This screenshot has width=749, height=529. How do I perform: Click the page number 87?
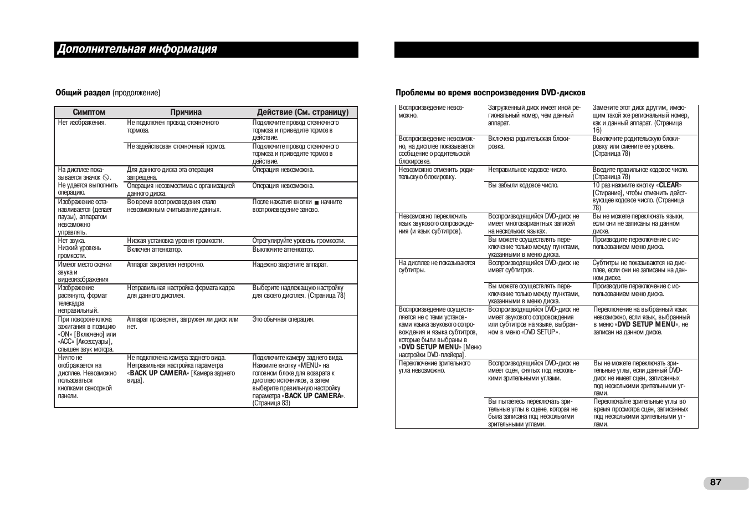point(715,482)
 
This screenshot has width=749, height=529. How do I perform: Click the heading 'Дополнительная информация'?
point(137,49)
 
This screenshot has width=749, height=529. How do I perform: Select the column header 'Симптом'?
point(89,112)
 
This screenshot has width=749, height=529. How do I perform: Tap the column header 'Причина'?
point(186,112)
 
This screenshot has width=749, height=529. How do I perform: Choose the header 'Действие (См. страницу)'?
point(302,112)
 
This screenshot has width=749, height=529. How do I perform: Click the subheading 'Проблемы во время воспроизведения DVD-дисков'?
point(490,93)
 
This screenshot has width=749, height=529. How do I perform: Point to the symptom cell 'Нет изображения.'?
point(82,123)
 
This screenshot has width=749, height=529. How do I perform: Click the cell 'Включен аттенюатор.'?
point(155,250)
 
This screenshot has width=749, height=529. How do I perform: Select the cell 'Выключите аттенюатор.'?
point(283,250)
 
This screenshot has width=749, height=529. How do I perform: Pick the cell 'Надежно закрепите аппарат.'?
point(290,264)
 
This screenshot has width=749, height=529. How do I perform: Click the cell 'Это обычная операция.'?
point(283,319)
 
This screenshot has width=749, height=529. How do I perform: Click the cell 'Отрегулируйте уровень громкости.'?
point(299,241)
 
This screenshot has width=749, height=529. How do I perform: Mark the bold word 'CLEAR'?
point(669,185)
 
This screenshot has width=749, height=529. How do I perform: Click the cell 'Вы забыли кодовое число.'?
point(523,185)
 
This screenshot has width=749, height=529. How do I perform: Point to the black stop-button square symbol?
point(317,202)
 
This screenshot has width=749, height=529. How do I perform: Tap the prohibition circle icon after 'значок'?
point(106,177)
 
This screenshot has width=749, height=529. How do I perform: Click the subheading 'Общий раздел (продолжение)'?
point(107,93)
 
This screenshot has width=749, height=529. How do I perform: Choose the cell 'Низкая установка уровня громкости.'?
point(175,241)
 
